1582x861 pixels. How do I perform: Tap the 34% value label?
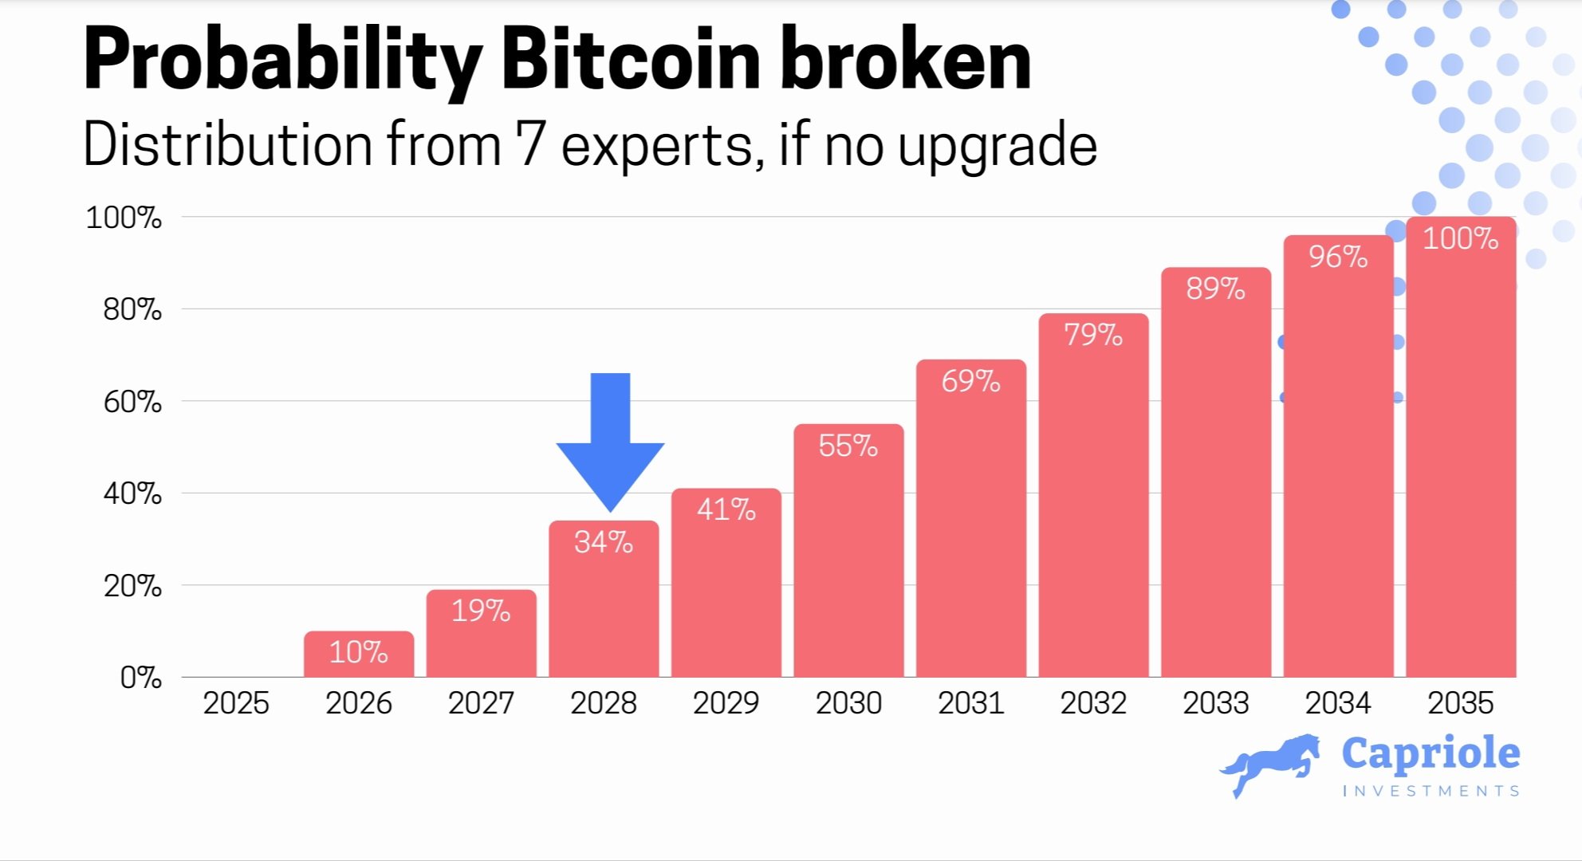[x=604, y=543]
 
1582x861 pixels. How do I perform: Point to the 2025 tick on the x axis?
[x=236, y=703]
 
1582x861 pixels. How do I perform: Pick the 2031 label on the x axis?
[x=970, y=703]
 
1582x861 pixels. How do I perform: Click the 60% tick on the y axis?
[x=132, y=402]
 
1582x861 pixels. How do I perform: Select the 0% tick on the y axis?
[x=140, y=678]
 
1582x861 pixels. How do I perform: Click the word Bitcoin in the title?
[x=630, y=60]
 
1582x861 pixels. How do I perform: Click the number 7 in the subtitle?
[x=529, y=144]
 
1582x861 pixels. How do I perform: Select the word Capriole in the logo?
[x=1430, y=754]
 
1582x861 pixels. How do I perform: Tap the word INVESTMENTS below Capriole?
[x=1430, y=791]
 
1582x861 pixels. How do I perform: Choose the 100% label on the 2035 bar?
[x=1461, y=238]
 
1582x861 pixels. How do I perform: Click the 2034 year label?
[x=1338, y=703]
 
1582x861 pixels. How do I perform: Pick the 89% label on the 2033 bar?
[x=1215, y=289]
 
